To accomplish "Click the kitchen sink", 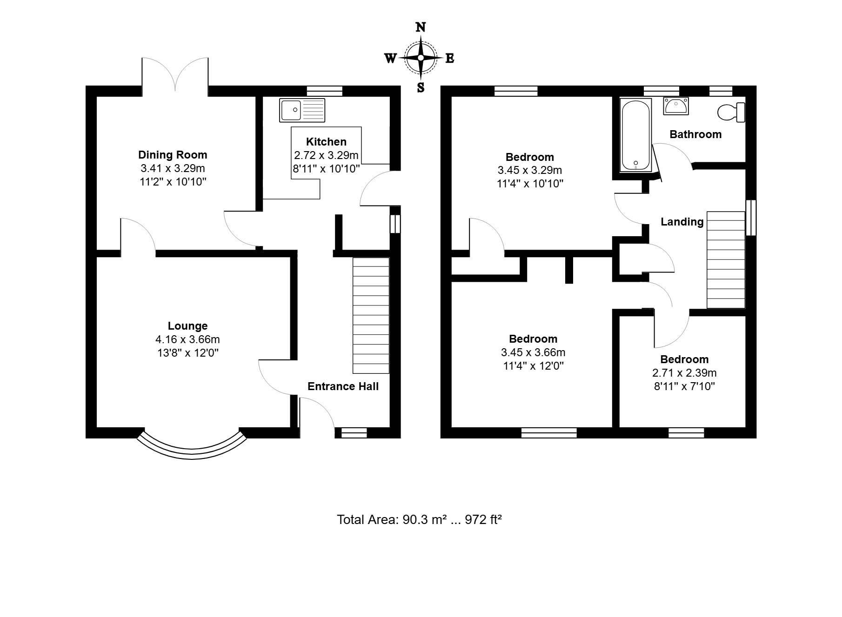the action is coord(302,110).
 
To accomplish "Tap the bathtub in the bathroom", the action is coord(635,135).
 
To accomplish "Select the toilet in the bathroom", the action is coord(732,113).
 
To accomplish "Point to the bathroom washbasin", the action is coord(675,106).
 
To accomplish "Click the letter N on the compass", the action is coord(421,27).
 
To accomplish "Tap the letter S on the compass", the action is coord(421,87).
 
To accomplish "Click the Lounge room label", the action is coord(187,326).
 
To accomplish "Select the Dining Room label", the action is coord(173,155).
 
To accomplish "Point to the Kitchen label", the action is coord(326,142).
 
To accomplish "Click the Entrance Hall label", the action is coord(343,386).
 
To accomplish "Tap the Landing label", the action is coord(682,222).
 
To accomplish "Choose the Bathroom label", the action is coord(695,134).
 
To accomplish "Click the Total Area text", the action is coord(419,519).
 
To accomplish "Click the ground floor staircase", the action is coord(371,315).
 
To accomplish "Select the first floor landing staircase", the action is coord(726,259).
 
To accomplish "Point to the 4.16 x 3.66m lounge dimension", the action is coord(187,339).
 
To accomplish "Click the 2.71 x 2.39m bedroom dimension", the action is coord(684,373).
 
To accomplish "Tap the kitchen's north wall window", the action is coord(325,91).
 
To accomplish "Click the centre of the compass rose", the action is coord(421,58).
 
